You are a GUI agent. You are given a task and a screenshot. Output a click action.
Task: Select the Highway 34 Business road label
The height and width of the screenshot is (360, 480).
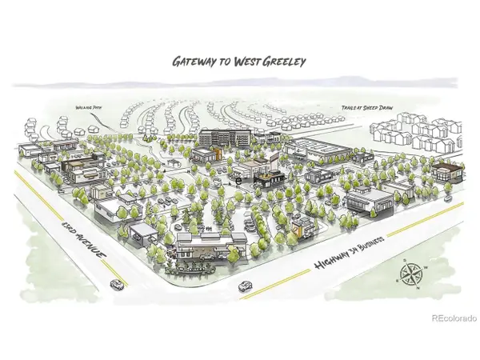click(351, 253)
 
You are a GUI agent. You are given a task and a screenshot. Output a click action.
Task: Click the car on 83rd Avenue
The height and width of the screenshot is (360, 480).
click(118, 284)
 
